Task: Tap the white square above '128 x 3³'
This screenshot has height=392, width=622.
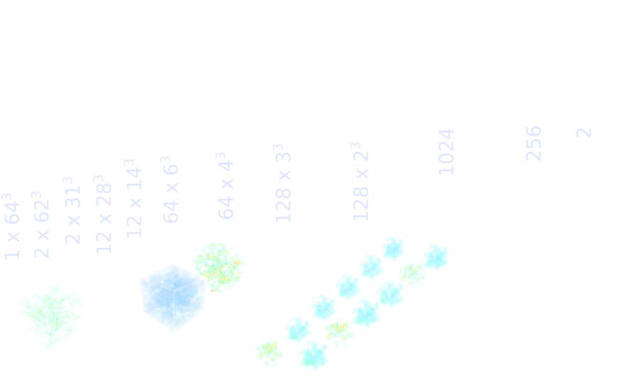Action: click(x=282, y=114)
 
